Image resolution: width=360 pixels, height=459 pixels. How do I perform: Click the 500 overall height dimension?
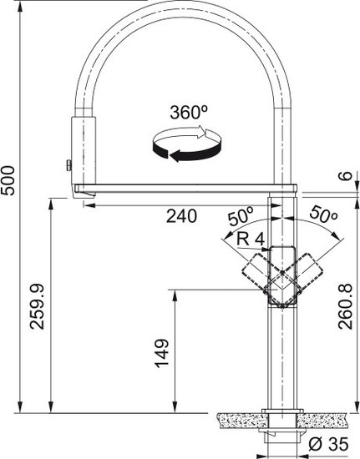(x=8, y=180)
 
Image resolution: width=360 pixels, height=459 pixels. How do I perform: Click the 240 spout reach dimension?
(x=181, y=216)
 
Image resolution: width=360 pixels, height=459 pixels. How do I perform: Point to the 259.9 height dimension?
(x=38, y=306)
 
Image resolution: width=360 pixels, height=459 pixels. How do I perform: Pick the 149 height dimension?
(x=162, y=353)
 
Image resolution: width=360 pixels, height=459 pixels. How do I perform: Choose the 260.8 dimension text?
(x=345, y=306)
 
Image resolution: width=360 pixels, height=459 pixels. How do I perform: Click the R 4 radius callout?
(x=251, y=240)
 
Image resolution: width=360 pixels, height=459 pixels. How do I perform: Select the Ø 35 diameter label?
(x=328, y=444)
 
